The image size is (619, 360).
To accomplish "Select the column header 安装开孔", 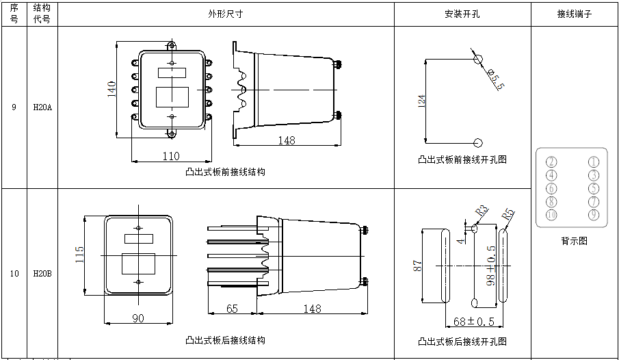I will coord(462,14).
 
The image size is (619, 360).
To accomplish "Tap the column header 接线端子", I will coord(575,14).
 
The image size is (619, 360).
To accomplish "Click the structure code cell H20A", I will coord(42,107).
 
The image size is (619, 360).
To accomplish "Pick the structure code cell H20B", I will coord(42,273).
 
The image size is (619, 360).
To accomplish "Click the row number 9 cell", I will coord(14,107).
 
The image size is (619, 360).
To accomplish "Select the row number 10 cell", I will coord(14,273).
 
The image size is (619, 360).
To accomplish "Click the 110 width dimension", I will coord(170,156).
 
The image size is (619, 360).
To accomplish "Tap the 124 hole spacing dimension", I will coord(421,101).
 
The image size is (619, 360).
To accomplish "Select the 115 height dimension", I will coord(79,255).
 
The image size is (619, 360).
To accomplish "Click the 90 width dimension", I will coord(138,318).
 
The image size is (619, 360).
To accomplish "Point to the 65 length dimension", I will coord(232,309).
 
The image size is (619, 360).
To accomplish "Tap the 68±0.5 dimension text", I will coord(474,322).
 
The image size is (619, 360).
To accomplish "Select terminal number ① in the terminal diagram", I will coord(593,162).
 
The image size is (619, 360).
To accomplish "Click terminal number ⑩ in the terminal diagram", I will coord(551,215).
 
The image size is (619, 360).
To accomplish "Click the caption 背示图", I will coord(574,241).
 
